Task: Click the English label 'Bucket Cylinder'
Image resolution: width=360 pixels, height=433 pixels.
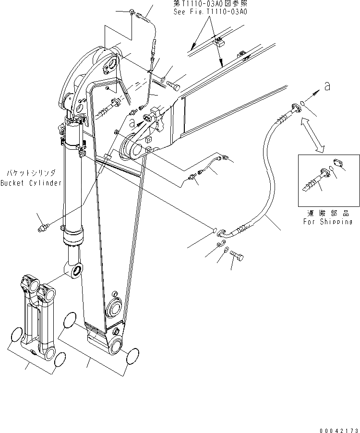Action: coord(31,183)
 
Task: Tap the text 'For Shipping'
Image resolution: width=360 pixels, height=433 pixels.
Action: coord(327,222)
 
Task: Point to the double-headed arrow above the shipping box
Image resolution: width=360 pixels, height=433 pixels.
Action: coord(312,136)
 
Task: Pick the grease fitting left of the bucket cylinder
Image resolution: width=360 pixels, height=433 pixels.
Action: coord(43,227)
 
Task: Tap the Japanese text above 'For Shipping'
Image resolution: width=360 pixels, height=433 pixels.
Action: coord(328,213)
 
